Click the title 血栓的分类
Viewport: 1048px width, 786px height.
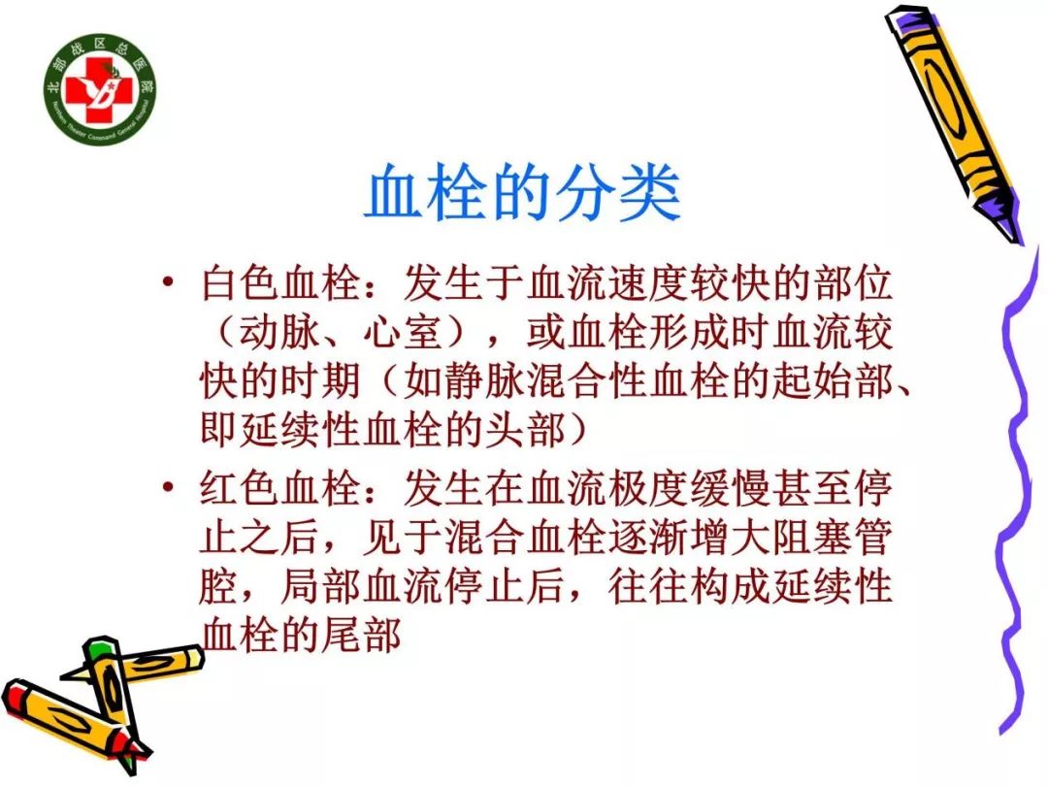[522, 197]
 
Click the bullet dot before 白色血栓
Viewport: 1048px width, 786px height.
[171, 285]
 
